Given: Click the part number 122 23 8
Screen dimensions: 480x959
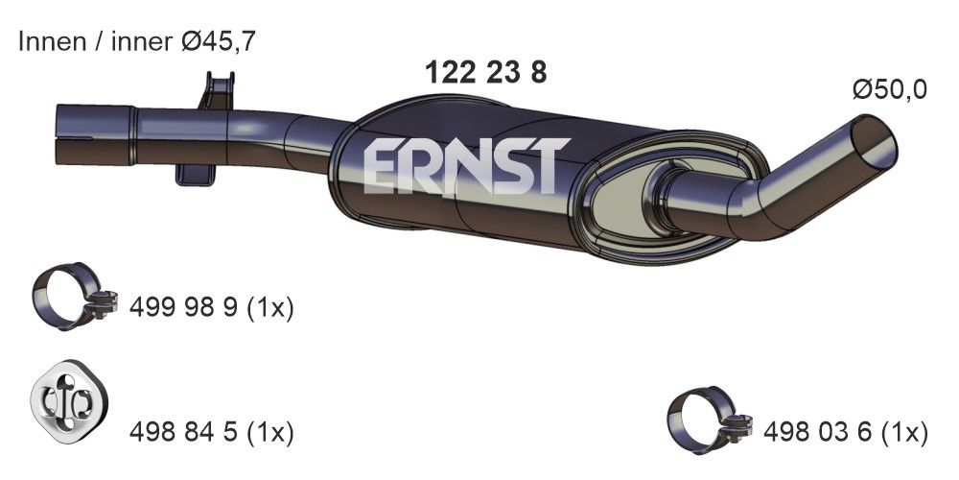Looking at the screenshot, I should tap(485, 73).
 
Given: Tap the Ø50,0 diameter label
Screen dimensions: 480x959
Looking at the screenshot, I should tap(890, 90).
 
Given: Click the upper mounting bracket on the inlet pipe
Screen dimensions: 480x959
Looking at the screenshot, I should tap(216, 92).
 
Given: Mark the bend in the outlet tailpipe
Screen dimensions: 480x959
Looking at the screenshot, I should tap(758, 206).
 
